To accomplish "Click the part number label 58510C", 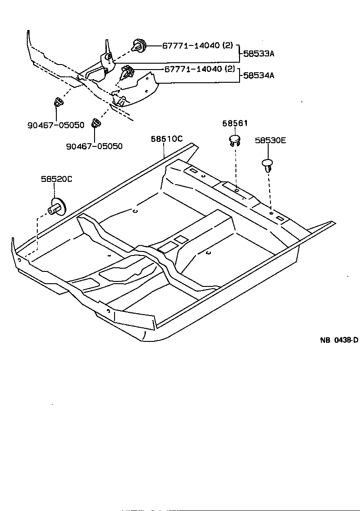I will click(167, 139).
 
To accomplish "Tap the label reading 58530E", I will click(270, 140).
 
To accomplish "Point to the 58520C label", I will click(56, 179).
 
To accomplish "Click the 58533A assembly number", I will click(259, 53).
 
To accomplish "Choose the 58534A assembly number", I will click(259, 75).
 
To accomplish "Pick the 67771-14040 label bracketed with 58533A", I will click(197, 46).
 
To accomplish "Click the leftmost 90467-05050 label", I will click(55, 125).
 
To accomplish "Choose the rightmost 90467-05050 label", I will click(94, 146).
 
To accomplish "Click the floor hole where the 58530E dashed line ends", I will click(271, 212).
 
